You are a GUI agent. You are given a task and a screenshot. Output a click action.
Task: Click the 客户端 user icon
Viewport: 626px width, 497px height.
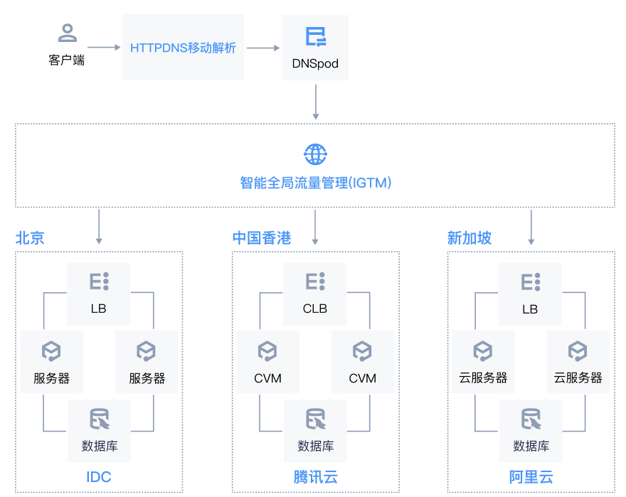tap(67, 33)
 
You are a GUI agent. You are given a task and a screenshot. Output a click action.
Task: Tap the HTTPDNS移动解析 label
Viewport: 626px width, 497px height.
tap(183, 48)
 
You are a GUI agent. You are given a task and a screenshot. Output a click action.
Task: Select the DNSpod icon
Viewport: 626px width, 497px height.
tap(315, 36)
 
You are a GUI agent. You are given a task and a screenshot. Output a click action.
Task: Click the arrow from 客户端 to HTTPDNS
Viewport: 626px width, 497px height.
tap(104, 48)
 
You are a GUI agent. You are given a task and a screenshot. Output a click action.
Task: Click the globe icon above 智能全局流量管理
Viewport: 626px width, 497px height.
tap(315, 154)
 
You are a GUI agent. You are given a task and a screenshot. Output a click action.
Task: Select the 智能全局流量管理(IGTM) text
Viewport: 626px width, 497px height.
tap(315, 183)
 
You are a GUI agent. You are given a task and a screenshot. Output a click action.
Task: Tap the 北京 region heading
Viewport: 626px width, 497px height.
tap(30, 237)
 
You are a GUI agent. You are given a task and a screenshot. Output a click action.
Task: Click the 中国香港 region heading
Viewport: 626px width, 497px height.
tap(262, 237)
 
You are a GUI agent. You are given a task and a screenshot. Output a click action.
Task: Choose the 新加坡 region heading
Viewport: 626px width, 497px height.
tap(469, 237)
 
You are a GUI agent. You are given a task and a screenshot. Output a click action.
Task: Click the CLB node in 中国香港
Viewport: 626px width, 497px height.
tap(314, 293)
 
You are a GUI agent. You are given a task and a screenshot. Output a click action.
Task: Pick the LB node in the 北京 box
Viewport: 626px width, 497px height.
tap(99, 293)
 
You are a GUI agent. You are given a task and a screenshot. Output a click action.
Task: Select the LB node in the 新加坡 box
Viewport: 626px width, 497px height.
tap(530, 293)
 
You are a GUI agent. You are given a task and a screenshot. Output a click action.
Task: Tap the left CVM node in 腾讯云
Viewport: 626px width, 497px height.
tap(267, 362)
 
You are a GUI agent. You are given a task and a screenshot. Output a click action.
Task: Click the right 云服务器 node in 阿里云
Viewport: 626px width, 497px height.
tap(578, 362)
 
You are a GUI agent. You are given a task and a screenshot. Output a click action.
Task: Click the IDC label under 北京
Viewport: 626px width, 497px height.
tap(99, 476)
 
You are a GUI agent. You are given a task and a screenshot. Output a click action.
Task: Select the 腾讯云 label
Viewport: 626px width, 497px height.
tap(315, 476)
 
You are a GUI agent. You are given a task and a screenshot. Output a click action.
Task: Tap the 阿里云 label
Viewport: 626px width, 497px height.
tap(531, 476)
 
